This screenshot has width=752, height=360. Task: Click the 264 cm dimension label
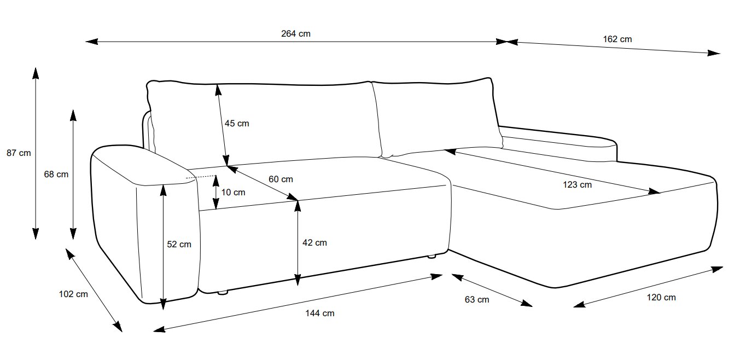pyautogui.click(x=296, y=33)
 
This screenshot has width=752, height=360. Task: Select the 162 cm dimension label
pyautogui.click(x=617, y=39)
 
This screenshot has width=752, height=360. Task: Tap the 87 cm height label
pyautogui.click(x=19, y=153)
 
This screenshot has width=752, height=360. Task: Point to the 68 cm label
pyautogui.click(x=56, y=175)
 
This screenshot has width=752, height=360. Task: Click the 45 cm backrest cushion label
pyautogui.click(x=236, y=124)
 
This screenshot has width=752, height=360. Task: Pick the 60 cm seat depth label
pyautogui.click(x=281, y=179)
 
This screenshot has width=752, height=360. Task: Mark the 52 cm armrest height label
pyautogui.click(x=179, y=245)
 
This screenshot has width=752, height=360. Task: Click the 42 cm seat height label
pyautogui.click(x=314, y=242)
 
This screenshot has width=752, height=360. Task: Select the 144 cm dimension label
pyautogui.click(x=320, y=313)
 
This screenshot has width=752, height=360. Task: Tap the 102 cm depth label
pyautogui.click(x=73, y=294)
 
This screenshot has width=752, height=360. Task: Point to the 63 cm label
pyautogui.click(x=476, y=299)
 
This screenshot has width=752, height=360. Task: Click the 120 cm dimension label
pyautogui.click(x=662, y=297)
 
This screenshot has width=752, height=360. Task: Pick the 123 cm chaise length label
pyautogui.click(x=578, y=184)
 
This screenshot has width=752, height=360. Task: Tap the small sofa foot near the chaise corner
pyautogui.click(x=432, y=256)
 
